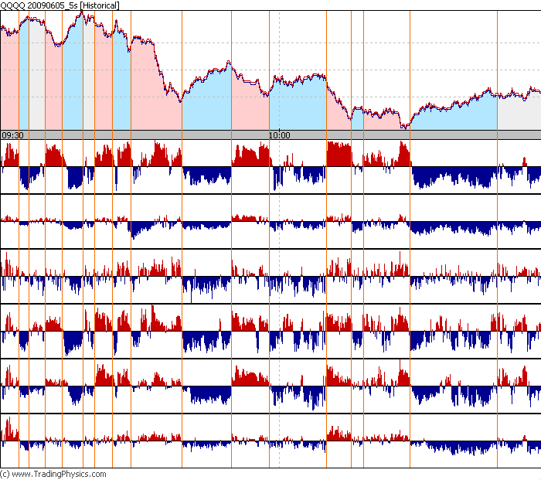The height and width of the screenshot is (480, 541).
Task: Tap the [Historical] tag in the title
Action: click(x=100, y=5)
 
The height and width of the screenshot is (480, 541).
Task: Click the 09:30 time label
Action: click(x=12, y=135)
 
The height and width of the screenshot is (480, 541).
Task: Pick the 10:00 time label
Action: click(x=279, y=135)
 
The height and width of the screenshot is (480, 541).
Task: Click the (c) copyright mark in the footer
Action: click(x=5, y=474)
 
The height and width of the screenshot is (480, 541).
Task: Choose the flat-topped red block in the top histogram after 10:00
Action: click(x=339, y=154)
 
